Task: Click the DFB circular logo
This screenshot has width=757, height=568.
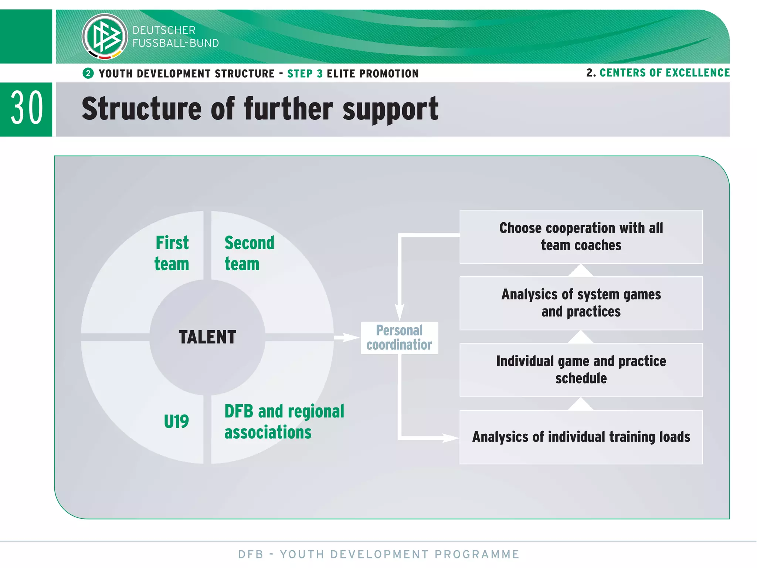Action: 105,36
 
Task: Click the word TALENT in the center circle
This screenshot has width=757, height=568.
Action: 207,337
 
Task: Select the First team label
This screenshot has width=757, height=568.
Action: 172,253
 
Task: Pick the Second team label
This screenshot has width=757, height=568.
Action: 249,253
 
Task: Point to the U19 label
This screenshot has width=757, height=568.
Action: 176,422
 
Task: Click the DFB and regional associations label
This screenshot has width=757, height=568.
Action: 284,422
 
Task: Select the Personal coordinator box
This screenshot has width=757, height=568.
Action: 399,338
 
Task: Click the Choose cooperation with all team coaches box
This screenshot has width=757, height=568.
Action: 581,237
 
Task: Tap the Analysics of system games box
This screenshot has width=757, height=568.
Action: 581,303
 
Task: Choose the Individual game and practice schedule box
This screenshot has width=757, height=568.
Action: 581,370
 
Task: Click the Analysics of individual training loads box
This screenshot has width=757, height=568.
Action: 581,437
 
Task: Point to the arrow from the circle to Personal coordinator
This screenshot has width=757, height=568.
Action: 346,337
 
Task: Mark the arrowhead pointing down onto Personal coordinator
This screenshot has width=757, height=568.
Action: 400,312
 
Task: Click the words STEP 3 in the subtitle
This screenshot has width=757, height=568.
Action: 305,74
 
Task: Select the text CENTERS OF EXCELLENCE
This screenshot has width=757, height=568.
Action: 664,73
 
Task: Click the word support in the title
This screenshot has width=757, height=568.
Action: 390,109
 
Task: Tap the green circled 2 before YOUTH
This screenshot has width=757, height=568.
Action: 88,73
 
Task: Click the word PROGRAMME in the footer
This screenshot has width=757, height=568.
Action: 477,554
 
